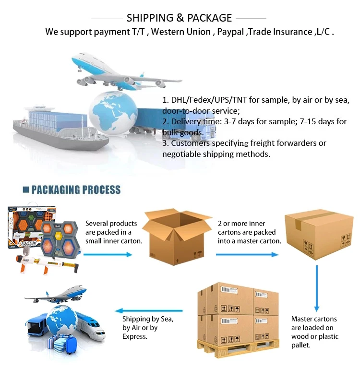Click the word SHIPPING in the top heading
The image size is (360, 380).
pyautogui.click(x=150, y=18)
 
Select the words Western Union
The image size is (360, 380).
pyautogui.click(x=180, y=32)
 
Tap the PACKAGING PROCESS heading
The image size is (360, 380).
pyautogui.click(x=76, y=190)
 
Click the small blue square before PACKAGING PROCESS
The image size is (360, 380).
pyautogui.click(x=26, y=190)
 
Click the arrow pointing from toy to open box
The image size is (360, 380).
pyautogui.click(x=108, y=254)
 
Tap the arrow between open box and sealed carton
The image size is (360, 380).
pyautogui.click(x=247, y=254)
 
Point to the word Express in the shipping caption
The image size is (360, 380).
pyautogui.click(x=135, y=336)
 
